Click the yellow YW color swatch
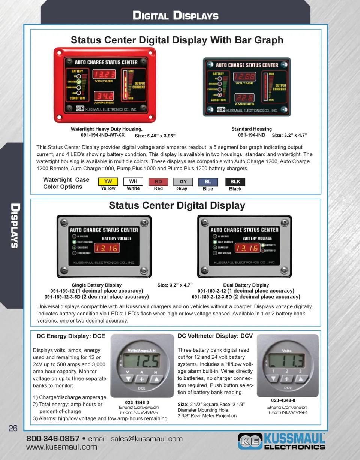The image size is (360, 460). [108, 182]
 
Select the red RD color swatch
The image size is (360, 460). [158, 182]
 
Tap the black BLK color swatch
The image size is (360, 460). [235, 182]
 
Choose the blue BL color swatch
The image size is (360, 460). [208, 182]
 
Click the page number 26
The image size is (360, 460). [13, 429]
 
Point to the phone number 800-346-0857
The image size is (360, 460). [52, 439]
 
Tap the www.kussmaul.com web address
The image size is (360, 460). [61, 447]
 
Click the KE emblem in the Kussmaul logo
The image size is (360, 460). [250, 441]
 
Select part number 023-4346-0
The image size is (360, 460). [137, 402]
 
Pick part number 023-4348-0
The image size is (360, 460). [283, 400]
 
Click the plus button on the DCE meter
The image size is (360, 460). [141, 379]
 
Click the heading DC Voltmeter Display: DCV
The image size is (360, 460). [215, 336]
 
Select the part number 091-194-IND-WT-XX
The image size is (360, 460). [103, 134]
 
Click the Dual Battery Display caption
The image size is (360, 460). [246, 285]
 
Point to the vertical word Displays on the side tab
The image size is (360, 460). [14, 226]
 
